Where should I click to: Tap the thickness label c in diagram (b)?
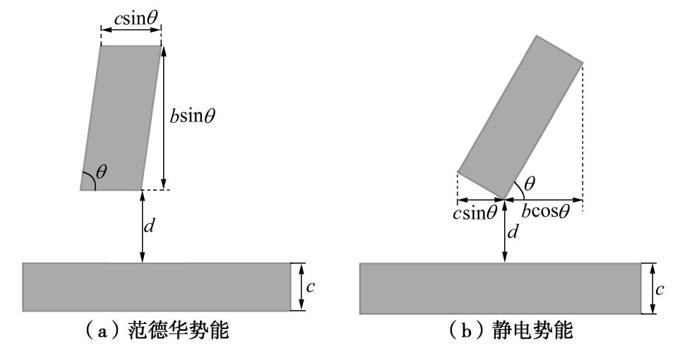660,288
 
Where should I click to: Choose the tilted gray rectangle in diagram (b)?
520,116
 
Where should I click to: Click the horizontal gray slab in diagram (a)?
156,287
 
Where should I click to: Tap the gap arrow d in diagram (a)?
143,226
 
